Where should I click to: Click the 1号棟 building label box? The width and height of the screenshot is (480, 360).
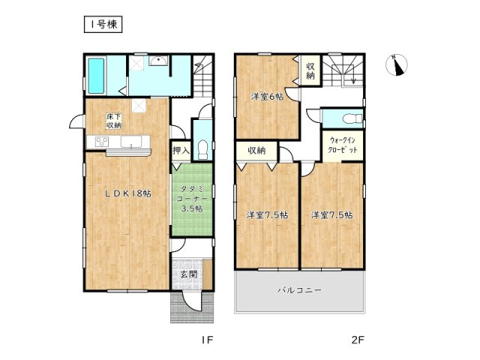coord(103,25)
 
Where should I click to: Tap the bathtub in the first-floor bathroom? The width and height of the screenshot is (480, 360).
coord(97,76)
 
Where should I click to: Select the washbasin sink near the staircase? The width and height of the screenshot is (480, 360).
coord(158,61)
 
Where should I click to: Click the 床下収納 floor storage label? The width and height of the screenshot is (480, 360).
coord(114,121)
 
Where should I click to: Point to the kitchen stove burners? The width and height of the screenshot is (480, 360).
coord(102,142)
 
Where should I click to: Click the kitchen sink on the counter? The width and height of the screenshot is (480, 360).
coord(131,142)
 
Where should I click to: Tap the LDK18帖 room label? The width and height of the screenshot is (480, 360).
coord(128,193)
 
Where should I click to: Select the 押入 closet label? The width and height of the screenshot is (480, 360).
coord(181,150)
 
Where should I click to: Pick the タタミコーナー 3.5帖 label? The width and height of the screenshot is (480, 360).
coord(192,199)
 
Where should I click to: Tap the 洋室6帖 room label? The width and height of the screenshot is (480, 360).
coord(267,97)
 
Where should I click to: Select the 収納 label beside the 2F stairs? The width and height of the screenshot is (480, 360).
coord(310,70)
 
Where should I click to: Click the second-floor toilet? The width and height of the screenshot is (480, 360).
coord(352,118)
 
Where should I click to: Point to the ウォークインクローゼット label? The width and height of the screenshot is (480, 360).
coord(343,145)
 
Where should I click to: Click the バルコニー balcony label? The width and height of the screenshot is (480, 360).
coord(300,290)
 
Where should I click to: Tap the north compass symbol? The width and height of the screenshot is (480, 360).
coord(397,65)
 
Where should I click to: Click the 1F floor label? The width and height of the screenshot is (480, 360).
coord(207,340)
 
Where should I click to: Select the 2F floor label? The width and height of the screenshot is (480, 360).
coord(357,340)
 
